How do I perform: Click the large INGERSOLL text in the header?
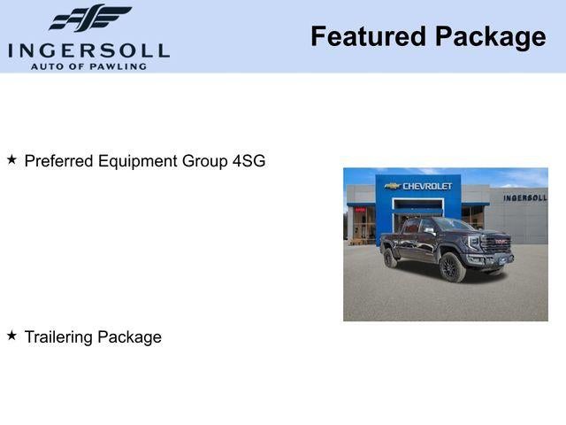pos(88,50)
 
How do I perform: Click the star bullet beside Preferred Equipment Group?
pos(11,160)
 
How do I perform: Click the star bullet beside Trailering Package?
pos(11,336)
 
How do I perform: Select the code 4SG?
pos(249,161)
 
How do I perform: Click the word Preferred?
pos(57,161)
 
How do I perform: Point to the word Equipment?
pos(134,161)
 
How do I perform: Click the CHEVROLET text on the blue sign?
pos(427,186)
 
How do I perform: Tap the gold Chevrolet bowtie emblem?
pos(392,186)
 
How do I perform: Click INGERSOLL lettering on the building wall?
pos(524,197)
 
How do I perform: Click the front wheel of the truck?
pos(452,267)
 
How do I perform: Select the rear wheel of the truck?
pos(390,258)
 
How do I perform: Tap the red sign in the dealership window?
pos(360,210)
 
